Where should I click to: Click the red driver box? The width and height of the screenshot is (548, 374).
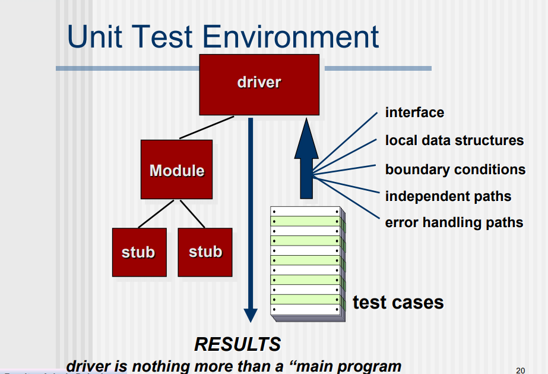[259, 84]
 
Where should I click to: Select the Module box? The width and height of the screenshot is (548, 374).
[176, 169]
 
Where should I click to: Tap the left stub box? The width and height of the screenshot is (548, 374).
[139, 252]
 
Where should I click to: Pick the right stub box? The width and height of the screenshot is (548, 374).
[205, 252]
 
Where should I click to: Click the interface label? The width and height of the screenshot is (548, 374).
[414, 112]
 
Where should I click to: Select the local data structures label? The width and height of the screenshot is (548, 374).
[454, 140]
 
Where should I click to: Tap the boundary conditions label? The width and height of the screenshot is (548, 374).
[455, 169]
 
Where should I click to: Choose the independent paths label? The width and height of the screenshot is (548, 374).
[448, 196]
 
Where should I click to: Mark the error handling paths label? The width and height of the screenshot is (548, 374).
[454, 222]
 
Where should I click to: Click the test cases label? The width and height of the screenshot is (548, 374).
[398, 302]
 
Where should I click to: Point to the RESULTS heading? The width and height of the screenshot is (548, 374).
[237, 344]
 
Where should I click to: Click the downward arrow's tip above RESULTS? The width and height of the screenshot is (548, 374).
[251, 319]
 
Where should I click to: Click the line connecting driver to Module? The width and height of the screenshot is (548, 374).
[207, 127]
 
